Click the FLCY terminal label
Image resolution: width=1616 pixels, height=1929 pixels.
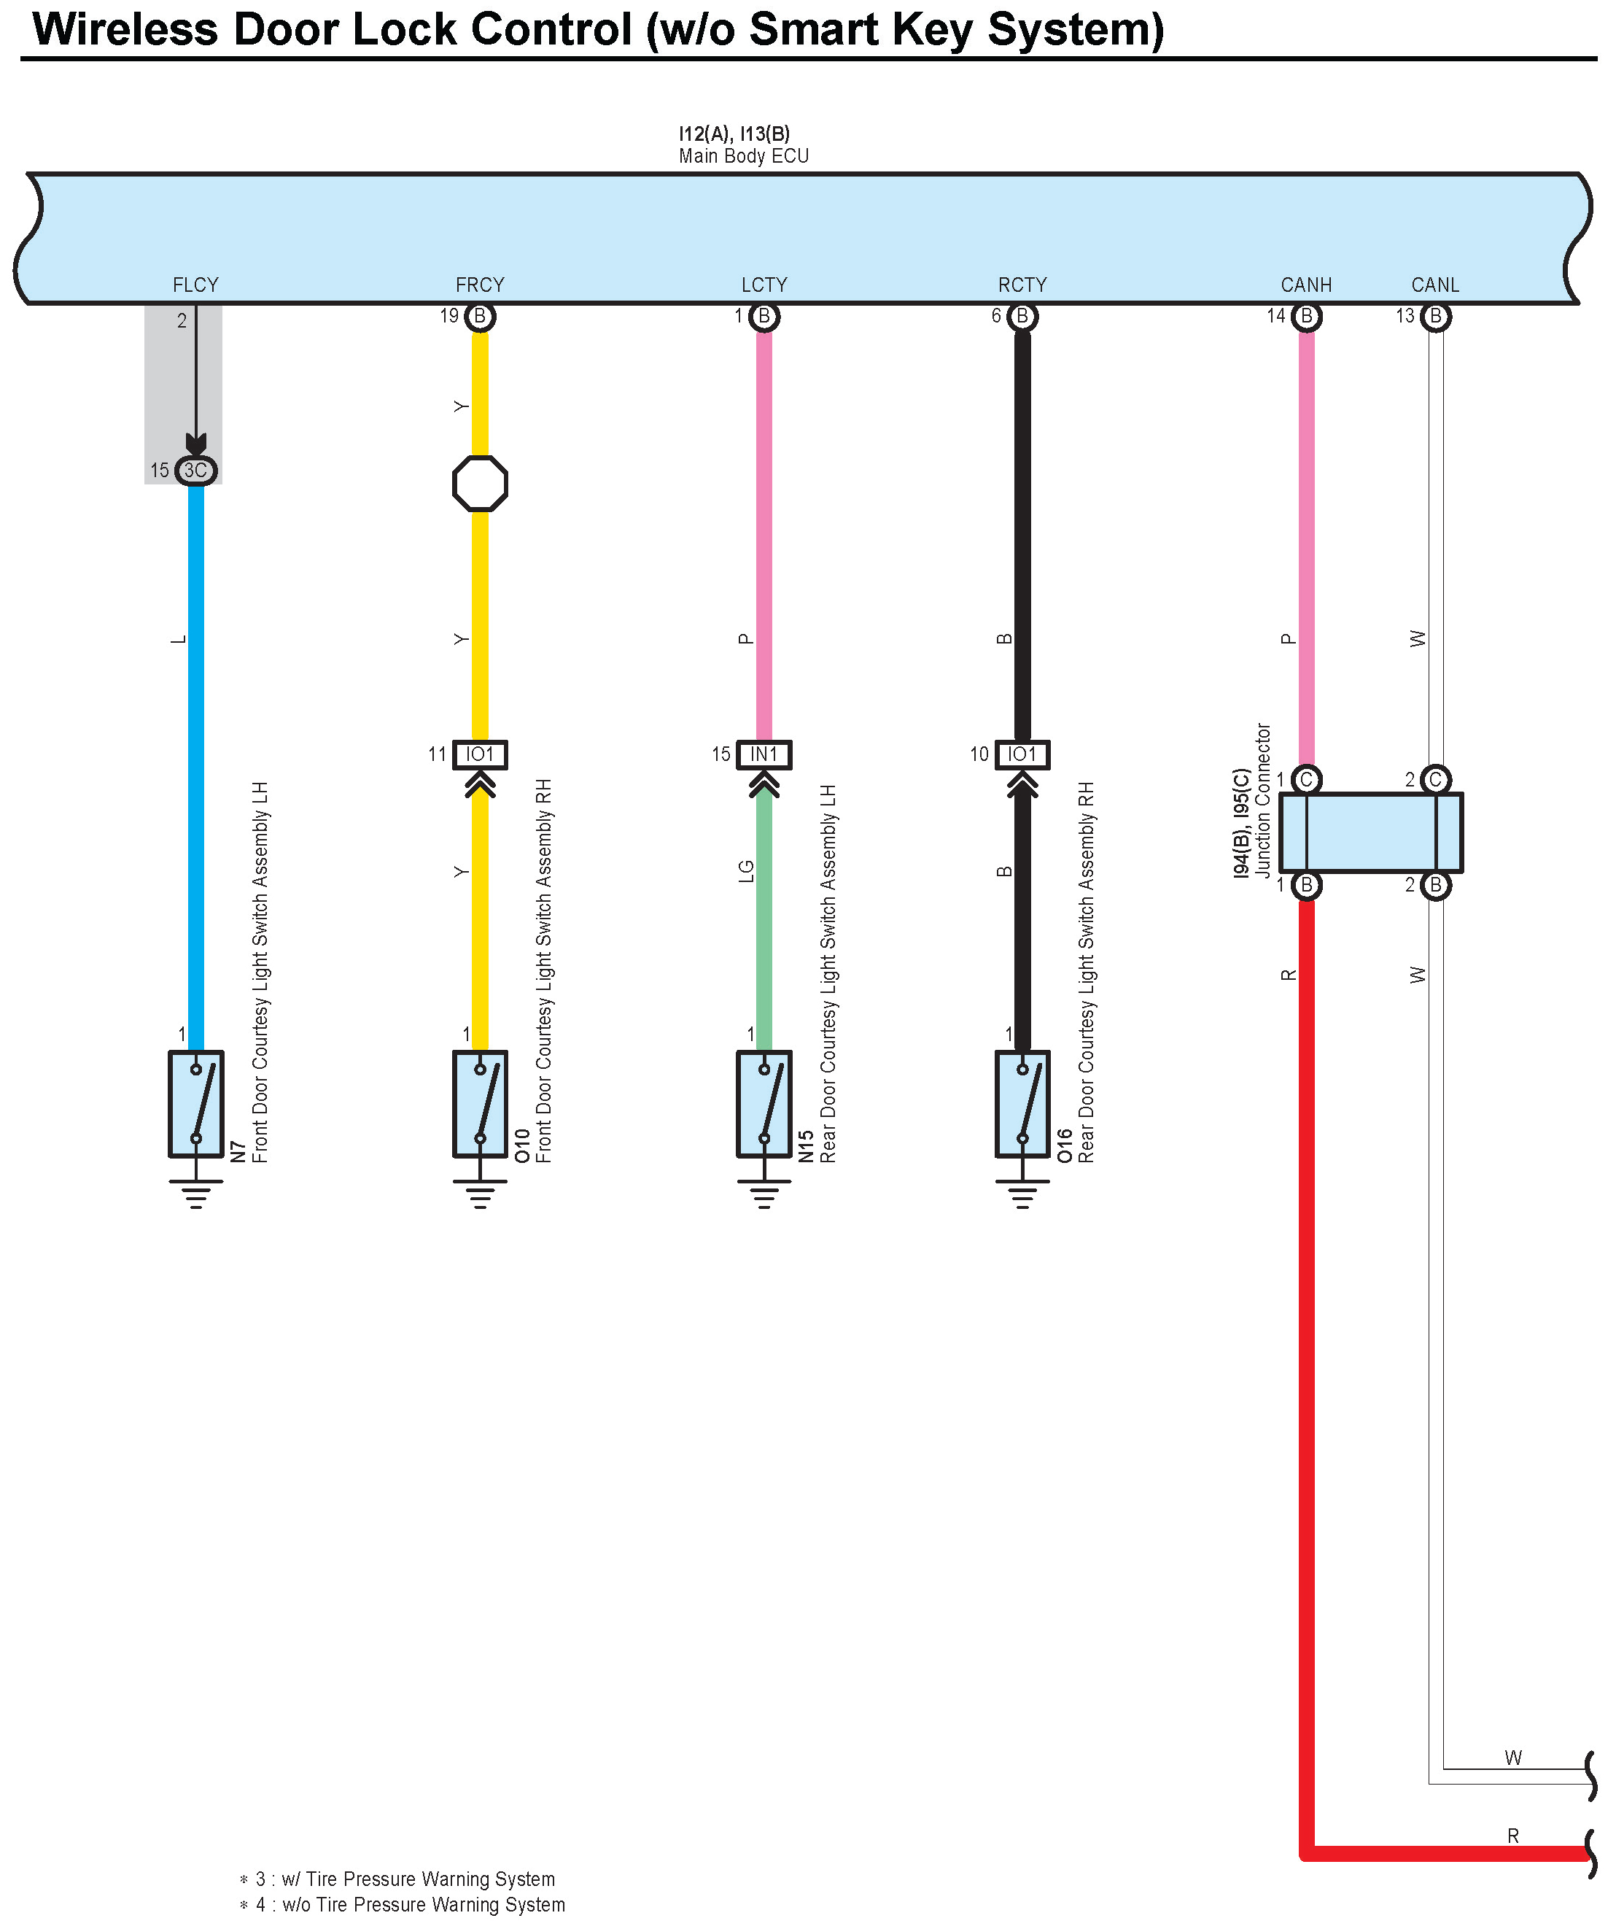pos(195,285)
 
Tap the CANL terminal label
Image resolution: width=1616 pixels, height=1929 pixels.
pos(1435,285)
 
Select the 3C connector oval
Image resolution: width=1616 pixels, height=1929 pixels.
pos(195,471)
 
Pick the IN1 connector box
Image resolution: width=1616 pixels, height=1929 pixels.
pos(764,754)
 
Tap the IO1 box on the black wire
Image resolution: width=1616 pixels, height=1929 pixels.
pos(1022,754)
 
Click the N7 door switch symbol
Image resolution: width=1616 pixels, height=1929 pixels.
pos(195,1103)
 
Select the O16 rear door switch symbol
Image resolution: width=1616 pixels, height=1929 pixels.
pos(1022,1103)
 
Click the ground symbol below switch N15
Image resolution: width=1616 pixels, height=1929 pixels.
pos(764,1194)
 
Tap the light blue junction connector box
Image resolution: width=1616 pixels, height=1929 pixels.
pos(1370,832)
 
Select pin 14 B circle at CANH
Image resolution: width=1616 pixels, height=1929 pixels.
pos(1305,317)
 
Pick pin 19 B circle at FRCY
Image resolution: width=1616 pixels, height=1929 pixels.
pos(479,317)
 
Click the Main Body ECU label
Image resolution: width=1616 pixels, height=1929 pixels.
pos(744,156)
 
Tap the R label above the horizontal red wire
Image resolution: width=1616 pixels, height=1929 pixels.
pos(1513,1836)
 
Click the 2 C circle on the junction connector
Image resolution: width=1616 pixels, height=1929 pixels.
pos(1435,780)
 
